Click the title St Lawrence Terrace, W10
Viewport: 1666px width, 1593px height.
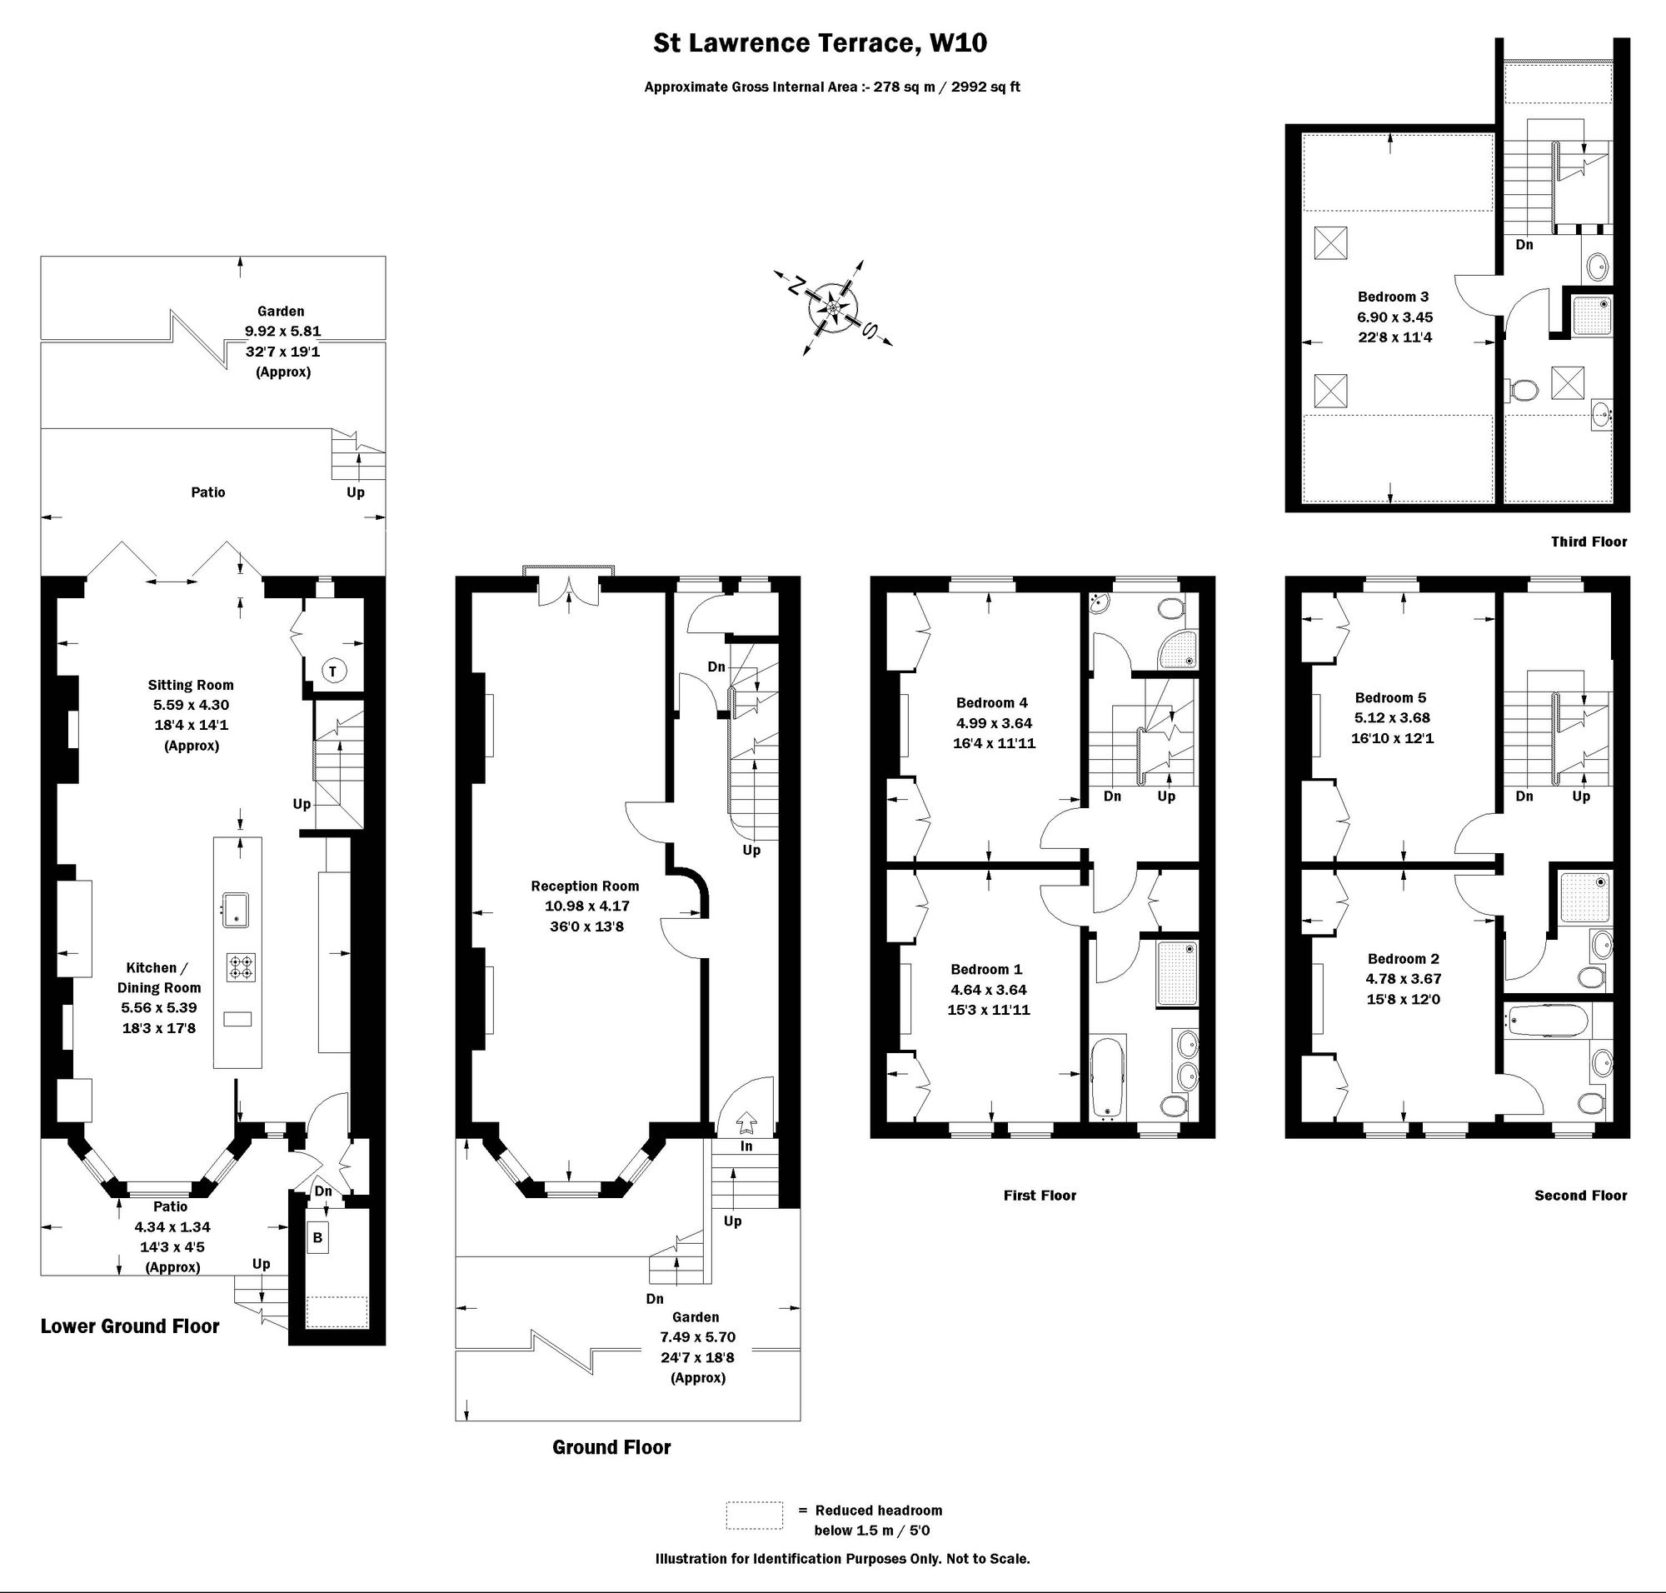coord(820,43)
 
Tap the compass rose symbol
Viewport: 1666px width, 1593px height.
coord(833,307)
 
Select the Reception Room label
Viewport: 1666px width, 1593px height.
coord(585,886)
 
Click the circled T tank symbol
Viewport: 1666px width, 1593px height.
coord(333,671)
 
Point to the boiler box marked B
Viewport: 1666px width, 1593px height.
coord(317,1237)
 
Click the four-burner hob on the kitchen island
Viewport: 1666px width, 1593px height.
coord(240,967)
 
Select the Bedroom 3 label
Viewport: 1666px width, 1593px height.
coord(1393,297)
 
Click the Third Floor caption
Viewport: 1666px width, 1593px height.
coord(1589,542)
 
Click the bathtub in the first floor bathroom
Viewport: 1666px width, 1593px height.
coord(1107,1076)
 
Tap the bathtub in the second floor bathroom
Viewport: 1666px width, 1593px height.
coord(1546,1020)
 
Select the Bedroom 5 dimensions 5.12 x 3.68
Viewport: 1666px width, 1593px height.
coord(1393,717)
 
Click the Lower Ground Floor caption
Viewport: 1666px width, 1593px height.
coord(130,1326)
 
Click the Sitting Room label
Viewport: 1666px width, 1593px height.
coord(191,684)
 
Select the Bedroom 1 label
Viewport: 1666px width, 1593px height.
coord(987,969)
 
